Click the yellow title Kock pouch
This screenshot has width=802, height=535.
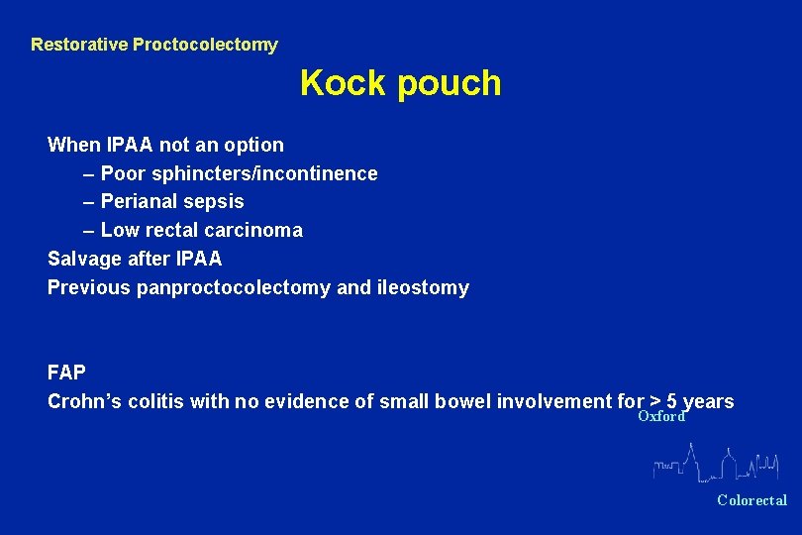(400, 83)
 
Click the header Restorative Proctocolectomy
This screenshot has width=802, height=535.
(154, 45)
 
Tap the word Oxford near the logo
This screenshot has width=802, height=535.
(660, 417)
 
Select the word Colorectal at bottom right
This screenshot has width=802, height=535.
(752, 500)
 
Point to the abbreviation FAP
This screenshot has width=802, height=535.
(67, 373)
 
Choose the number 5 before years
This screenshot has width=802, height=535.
(672, 401)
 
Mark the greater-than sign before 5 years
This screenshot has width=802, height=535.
(654, 401)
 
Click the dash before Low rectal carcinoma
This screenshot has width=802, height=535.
(90, 230)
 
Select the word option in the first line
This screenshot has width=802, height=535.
(253, 145)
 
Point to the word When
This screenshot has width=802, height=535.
(74, 145)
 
